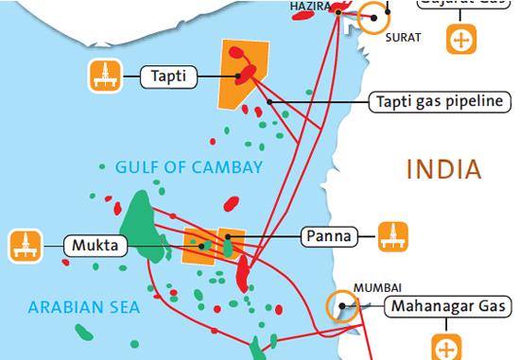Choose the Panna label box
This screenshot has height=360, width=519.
[x=327, y=234]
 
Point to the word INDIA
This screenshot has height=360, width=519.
[x=442, y=170]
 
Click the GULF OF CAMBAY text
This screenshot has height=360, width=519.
[x=188, y=168]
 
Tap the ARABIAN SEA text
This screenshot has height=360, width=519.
[x=84, y=307]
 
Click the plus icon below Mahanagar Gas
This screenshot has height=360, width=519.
[x=443, y=345]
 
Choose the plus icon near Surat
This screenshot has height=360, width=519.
[x=460, y=40]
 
